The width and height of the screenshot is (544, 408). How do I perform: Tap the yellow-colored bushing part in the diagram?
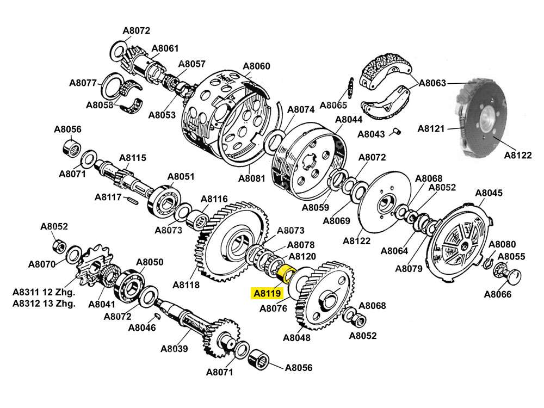(x=285, y=273)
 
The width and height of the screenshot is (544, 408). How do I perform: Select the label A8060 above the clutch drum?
(x=256, y=66)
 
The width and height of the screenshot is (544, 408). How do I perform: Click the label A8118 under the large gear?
(x=186, y=285)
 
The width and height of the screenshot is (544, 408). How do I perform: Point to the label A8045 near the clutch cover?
(x=489, y=193)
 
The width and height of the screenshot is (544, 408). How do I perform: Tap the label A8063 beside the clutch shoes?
(x=432, y=83)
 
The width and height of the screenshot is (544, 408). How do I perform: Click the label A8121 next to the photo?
(x=431, y=128)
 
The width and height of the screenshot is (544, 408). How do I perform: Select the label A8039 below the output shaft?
(x=174, y=349)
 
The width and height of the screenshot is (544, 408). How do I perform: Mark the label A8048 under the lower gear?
(x=296, y=337)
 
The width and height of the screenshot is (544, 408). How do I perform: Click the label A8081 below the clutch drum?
(x=252, y=178)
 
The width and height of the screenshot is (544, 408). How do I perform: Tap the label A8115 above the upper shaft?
(x=133, y=158)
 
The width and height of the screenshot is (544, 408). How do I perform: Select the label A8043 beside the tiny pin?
(x=372, y=134)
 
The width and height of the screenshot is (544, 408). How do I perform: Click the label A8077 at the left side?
(x=83, y=83)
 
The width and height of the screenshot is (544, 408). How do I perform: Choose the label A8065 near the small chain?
(x=333, y=104)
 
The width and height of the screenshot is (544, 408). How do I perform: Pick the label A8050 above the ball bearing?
(x=150, y=262)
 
